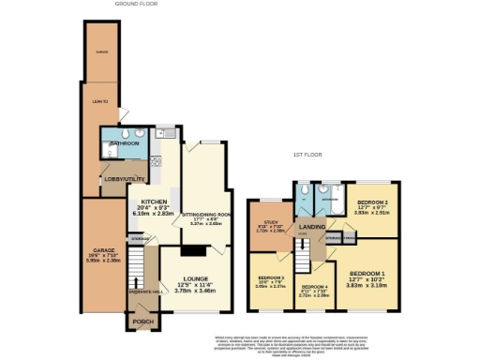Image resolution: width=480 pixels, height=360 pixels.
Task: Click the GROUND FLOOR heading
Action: [136, 4]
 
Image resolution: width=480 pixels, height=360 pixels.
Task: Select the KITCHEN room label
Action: [154, 202]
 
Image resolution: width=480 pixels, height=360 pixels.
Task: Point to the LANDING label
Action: [311, 226]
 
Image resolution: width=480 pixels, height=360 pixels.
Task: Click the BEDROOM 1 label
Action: [367, 274]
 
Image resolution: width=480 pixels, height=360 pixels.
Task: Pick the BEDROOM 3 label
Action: [270, 278]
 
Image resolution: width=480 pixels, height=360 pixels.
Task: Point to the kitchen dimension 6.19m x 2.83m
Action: [154, 214]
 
